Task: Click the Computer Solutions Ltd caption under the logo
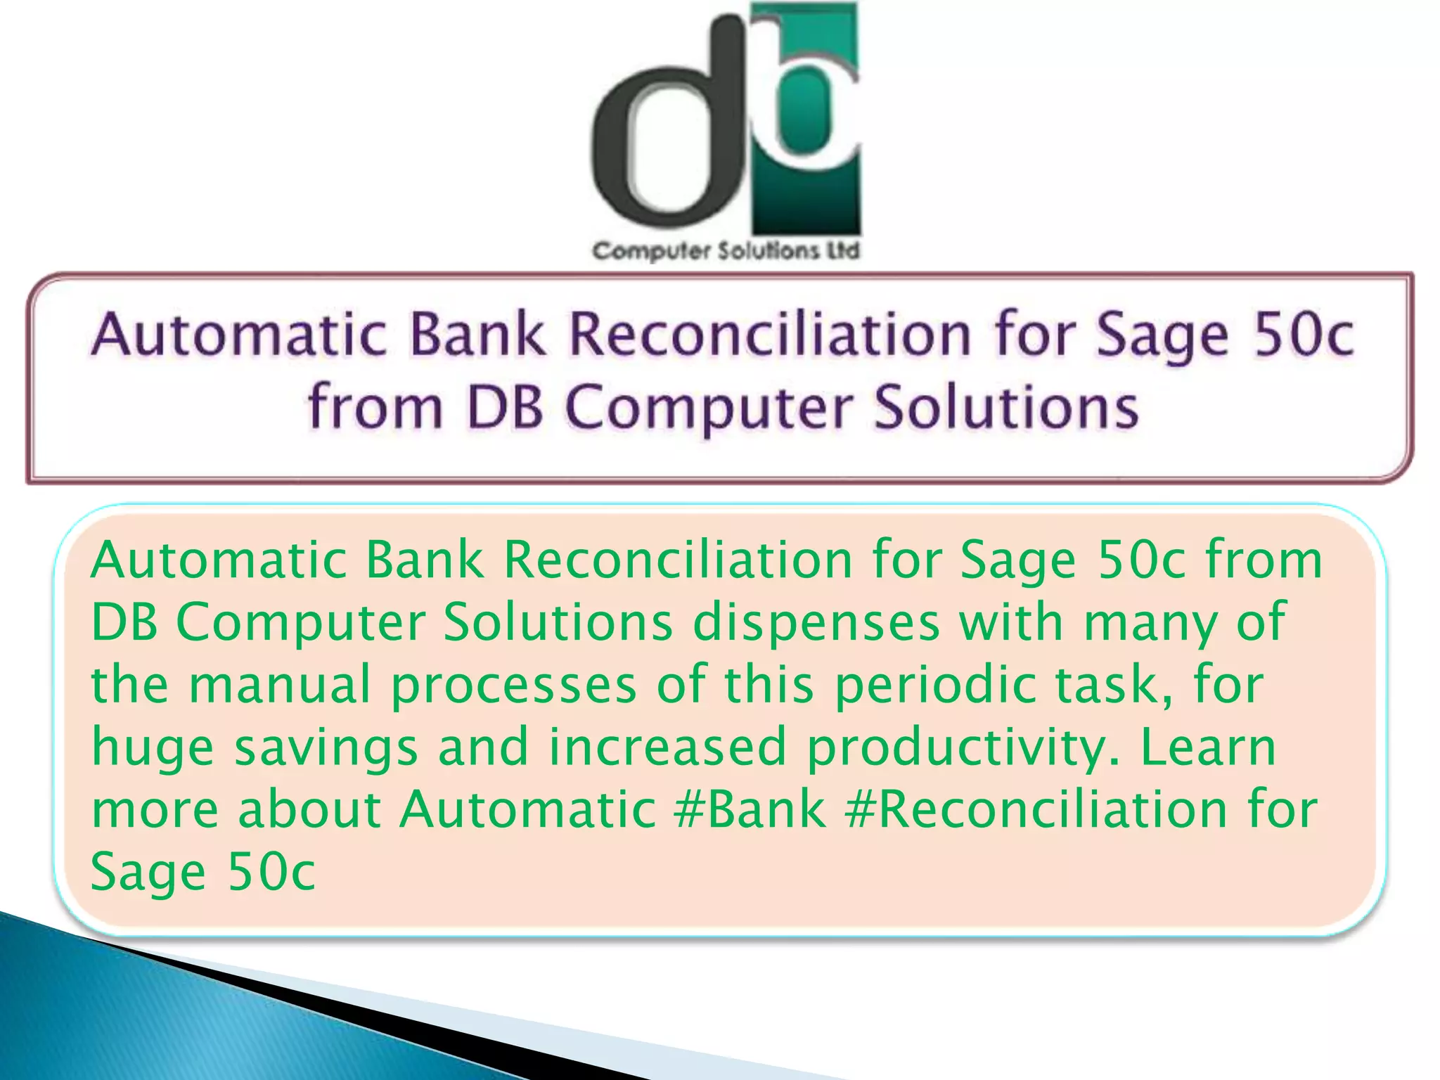[x=726, y=251]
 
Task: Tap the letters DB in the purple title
[x=506, y=408]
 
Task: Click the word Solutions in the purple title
[x=1005, y=408]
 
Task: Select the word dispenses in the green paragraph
[x=816, y=623]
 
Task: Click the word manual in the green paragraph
[x=280, y=685]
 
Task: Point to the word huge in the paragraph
[x=153, y=748]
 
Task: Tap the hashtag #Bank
[x=750, y=809]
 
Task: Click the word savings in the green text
[x=326, y=748]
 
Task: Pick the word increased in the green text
[x=668, y=747]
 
